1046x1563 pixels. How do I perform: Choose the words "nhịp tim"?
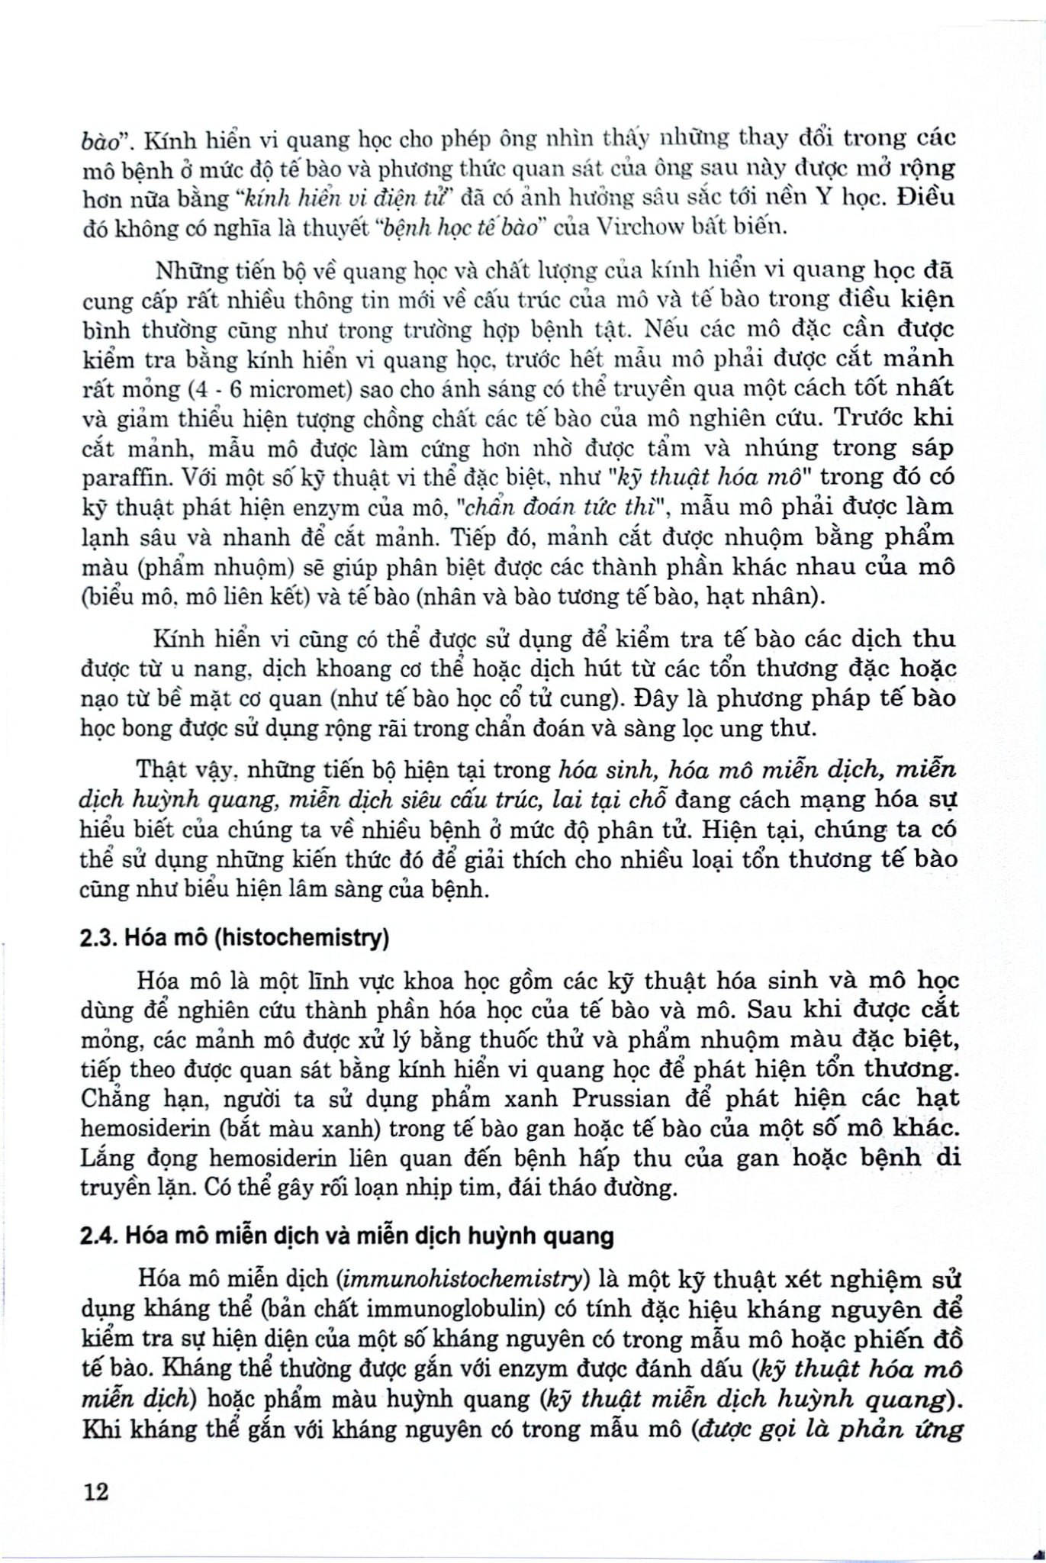coord(436,1188)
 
